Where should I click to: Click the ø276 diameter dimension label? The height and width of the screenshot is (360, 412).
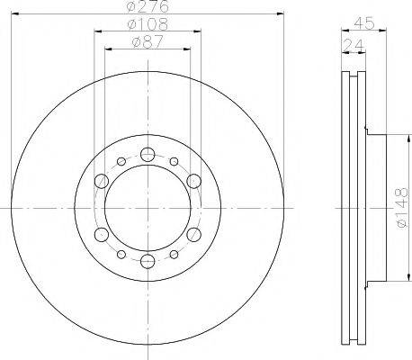click(148, 8)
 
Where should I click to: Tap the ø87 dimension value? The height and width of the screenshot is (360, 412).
click(148, 41)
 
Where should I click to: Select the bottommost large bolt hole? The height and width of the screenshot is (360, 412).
click(147, 262)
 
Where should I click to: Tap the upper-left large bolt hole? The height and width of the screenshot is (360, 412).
click(101, 182)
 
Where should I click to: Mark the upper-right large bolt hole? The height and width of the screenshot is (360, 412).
click(193, 182)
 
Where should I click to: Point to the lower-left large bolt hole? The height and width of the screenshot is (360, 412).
click(101, 235)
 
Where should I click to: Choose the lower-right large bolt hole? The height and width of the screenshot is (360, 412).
click(193, 235)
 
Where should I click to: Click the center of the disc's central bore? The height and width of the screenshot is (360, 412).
click(147, 208)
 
